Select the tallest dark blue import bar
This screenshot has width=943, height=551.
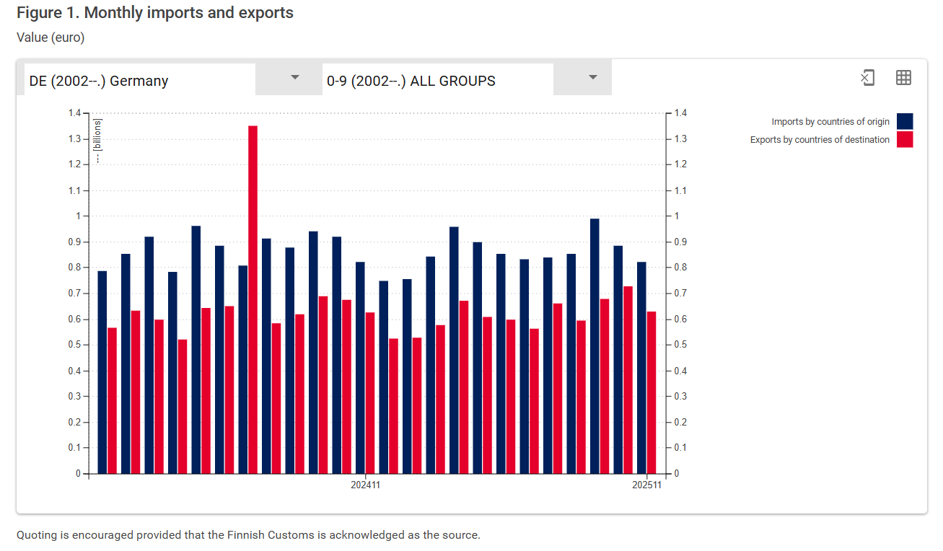click(x=595, y=346)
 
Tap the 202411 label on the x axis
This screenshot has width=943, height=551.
click(x=366, y=485)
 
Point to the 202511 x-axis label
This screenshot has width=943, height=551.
click(x=646, y=485)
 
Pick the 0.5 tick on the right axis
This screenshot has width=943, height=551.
click(x=680, y=345)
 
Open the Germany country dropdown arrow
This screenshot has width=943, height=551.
click(x=294, y=78)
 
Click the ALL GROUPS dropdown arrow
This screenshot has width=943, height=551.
click(x=592, y=78)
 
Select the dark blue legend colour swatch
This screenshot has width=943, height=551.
click(x=905, y=121)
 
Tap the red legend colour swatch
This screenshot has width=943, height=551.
click(x=905, y=139)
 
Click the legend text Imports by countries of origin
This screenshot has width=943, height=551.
click(x=830, y=122)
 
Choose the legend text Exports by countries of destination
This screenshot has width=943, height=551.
click(x=820, y=140)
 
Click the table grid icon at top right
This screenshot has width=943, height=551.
click(x=903, y=78)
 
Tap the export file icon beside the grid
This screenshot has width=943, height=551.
click(x=867, y=78)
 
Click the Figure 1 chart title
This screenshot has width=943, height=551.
click(x=155, y=13)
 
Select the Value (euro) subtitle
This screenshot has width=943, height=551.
click(x=51, y=38)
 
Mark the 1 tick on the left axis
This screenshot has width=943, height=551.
click(x=79, y=216)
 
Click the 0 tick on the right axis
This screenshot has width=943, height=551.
click(x=677, y=474)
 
